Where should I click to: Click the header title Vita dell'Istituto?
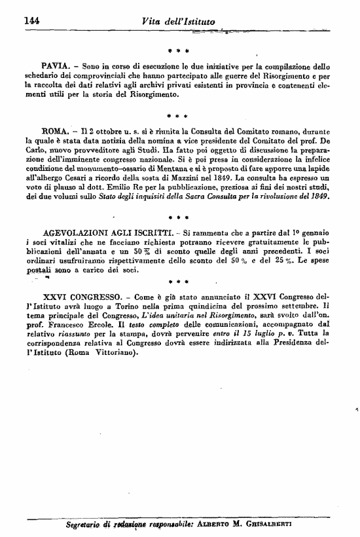tap(177, 21)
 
